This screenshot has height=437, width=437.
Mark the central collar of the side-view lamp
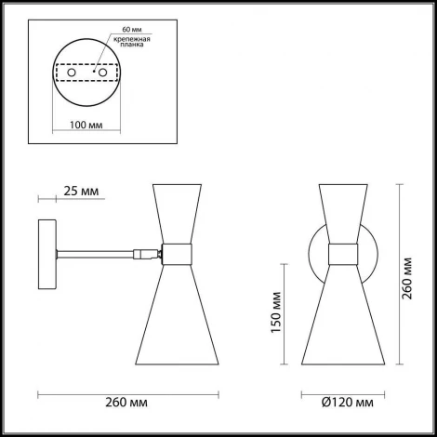pyautogui.click(x=176, y=252)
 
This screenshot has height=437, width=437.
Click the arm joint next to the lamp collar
pyautogui.click(x=144, y=251)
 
